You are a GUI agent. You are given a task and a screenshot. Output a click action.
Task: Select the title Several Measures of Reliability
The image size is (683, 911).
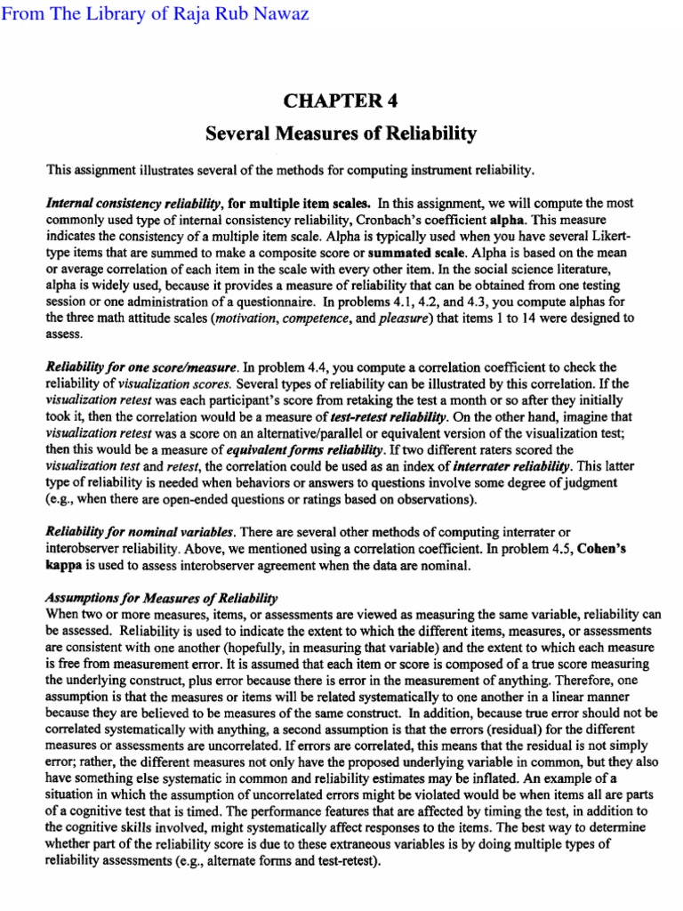pyautogui.click(x=341, y=134)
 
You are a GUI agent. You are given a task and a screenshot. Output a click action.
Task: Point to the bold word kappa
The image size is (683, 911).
pyautogui.click(x=63, y=564)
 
